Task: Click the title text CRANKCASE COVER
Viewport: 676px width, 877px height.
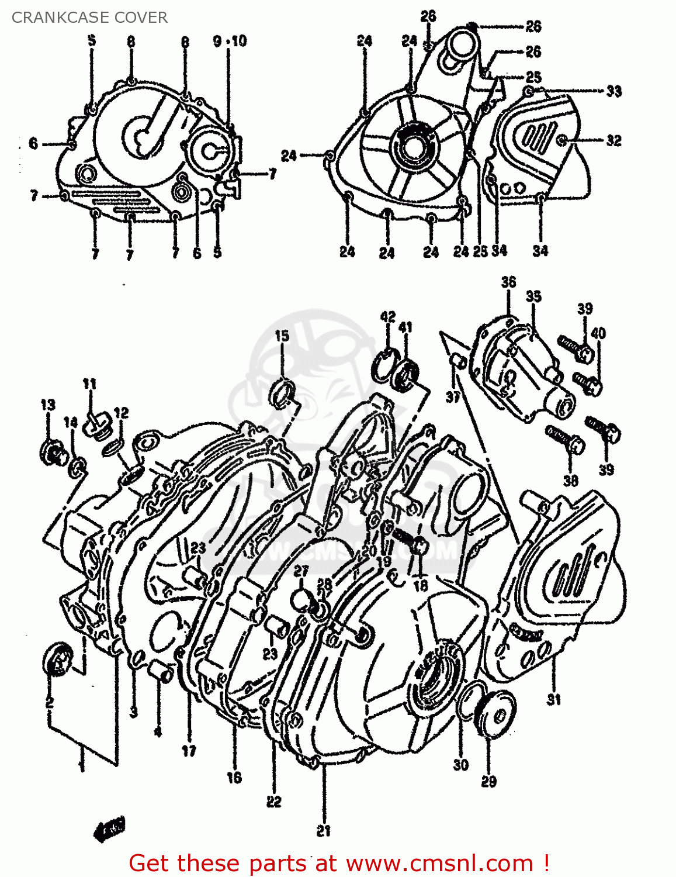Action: click(89, 18)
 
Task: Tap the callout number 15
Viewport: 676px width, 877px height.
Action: click(282, 336)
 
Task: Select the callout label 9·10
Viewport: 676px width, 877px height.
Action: click(230, 41)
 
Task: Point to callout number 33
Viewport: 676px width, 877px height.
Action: click(613, 91)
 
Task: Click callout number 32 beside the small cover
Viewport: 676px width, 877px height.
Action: click(613, 140)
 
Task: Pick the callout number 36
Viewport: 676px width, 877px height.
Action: click(508, 282)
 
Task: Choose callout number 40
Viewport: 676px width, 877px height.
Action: click(598, 333)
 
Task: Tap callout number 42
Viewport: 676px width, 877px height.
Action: click(388, 317)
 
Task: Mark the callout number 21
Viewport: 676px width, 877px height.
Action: click(323, 830)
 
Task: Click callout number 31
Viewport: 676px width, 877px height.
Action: click(553, 699)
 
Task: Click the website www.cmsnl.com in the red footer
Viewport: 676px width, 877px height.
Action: click(439, 863)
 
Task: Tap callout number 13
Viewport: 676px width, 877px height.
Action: click(48, 405)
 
